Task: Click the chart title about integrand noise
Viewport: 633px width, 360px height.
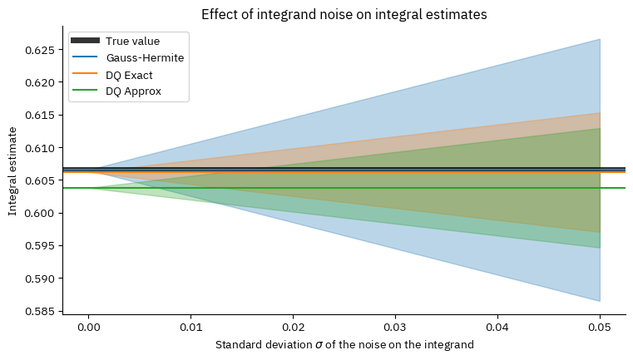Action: click(344, 13)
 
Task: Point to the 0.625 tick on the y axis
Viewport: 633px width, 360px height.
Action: click(41, 50)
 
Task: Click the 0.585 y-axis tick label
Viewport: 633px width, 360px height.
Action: click(41, 311)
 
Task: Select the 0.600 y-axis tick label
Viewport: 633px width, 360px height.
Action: click(41, 213)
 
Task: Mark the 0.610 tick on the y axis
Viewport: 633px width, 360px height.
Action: click(41, 148)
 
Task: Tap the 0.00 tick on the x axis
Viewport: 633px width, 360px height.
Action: click(88, 328)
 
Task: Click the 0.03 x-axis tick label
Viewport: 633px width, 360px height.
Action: click(395, 328)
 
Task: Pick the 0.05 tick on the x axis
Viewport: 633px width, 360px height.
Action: click(600, 328)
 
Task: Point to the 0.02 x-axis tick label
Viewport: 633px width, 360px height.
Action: click(293, 328)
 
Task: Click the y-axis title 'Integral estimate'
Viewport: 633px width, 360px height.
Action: click(13, 171)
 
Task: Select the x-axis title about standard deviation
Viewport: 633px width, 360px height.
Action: click(344, 344)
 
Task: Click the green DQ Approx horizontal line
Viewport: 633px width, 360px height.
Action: click(333, 188)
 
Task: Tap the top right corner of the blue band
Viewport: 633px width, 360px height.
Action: click(599, 40)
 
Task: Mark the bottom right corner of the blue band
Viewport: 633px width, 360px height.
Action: click(599, 300)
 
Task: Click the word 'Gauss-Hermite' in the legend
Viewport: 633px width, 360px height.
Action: click(145, 58)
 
